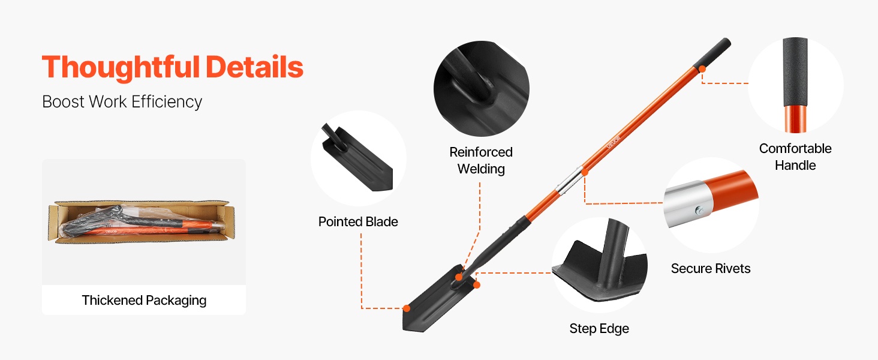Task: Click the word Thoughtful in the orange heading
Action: [121, 67]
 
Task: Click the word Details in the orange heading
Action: [254, 67]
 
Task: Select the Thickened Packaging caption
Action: [144, 301]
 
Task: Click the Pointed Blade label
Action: [358, 222]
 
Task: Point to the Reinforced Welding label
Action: [481, 160]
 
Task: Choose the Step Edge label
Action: [599, 329]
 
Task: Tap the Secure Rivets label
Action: [710, 269]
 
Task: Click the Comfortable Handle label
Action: [795, 157]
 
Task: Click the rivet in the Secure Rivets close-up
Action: [699, 211]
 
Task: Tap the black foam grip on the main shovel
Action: [712, 53]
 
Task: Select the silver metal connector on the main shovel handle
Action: [570, 181]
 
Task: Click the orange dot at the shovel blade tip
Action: [407, 308]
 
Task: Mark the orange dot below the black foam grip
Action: [702, 70]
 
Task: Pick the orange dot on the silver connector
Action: [584, 172]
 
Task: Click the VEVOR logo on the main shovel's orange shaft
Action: [613, 142]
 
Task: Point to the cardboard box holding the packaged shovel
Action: [142, 222]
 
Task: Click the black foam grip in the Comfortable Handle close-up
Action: [795, 72]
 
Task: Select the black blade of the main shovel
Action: [439, 299]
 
